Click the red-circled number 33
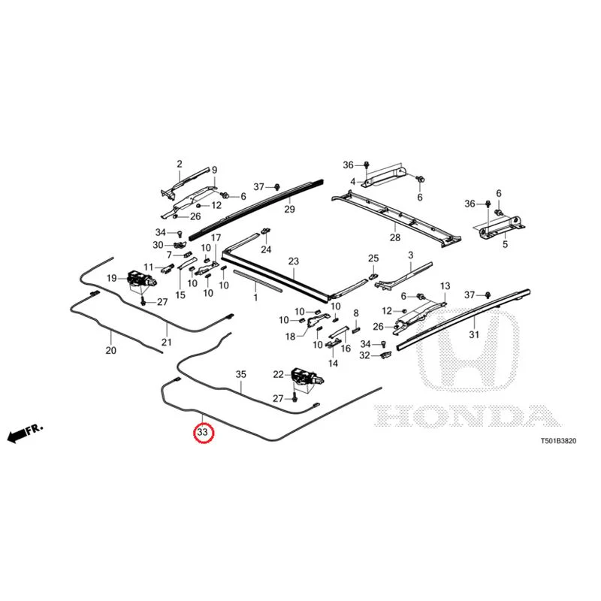[x=202, y=432]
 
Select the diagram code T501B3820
[x=558, y=441]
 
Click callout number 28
[x=395, y=237]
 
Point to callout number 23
[x=293, y=261]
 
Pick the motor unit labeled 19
[x=141, y=279]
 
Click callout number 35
[x=240, y=374]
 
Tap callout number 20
[x=110, y=350]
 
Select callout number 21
[x=166, y=342]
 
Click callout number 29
[x=289, y=209]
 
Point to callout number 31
[x=474, y=334]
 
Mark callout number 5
[x=505, y=243]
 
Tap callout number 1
[x=255, y=297]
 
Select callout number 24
[x=266, y=249]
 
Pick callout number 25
[x=373, y=258]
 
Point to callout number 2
[x=180, y=164]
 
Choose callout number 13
[x=445, y=286]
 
